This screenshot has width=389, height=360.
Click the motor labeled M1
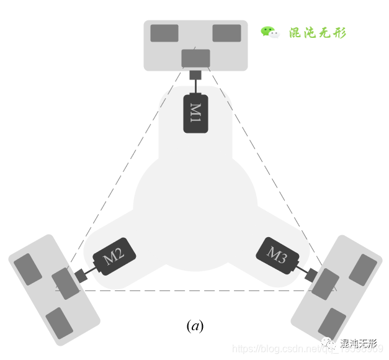(x=195, y=113)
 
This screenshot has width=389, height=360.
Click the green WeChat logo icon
(x=270, y=32)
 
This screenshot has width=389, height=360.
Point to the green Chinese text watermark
(x=318, y=33)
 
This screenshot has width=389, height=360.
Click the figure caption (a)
(x=195, y=325)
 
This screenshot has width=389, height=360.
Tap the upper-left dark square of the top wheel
(x=164, y=34)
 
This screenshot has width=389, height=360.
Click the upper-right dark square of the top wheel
(x=226, y=34)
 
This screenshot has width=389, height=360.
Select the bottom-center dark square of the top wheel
(x=195, y=58)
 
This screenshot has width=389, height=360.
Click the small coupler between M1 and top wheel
(x=195, y=75)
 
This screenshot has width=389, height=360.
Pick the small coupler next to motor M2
(x=81, y=275)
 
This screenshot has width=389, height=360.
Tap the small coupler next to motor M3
(x=311, y=274)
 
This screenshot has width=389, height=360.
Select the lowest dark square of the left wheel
(x=60, y=323)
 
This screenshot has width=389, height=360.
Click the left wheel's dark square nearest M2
(x=65, y=284)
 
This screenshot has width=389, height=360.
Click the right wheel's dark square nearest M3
(x=325, y=284)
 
